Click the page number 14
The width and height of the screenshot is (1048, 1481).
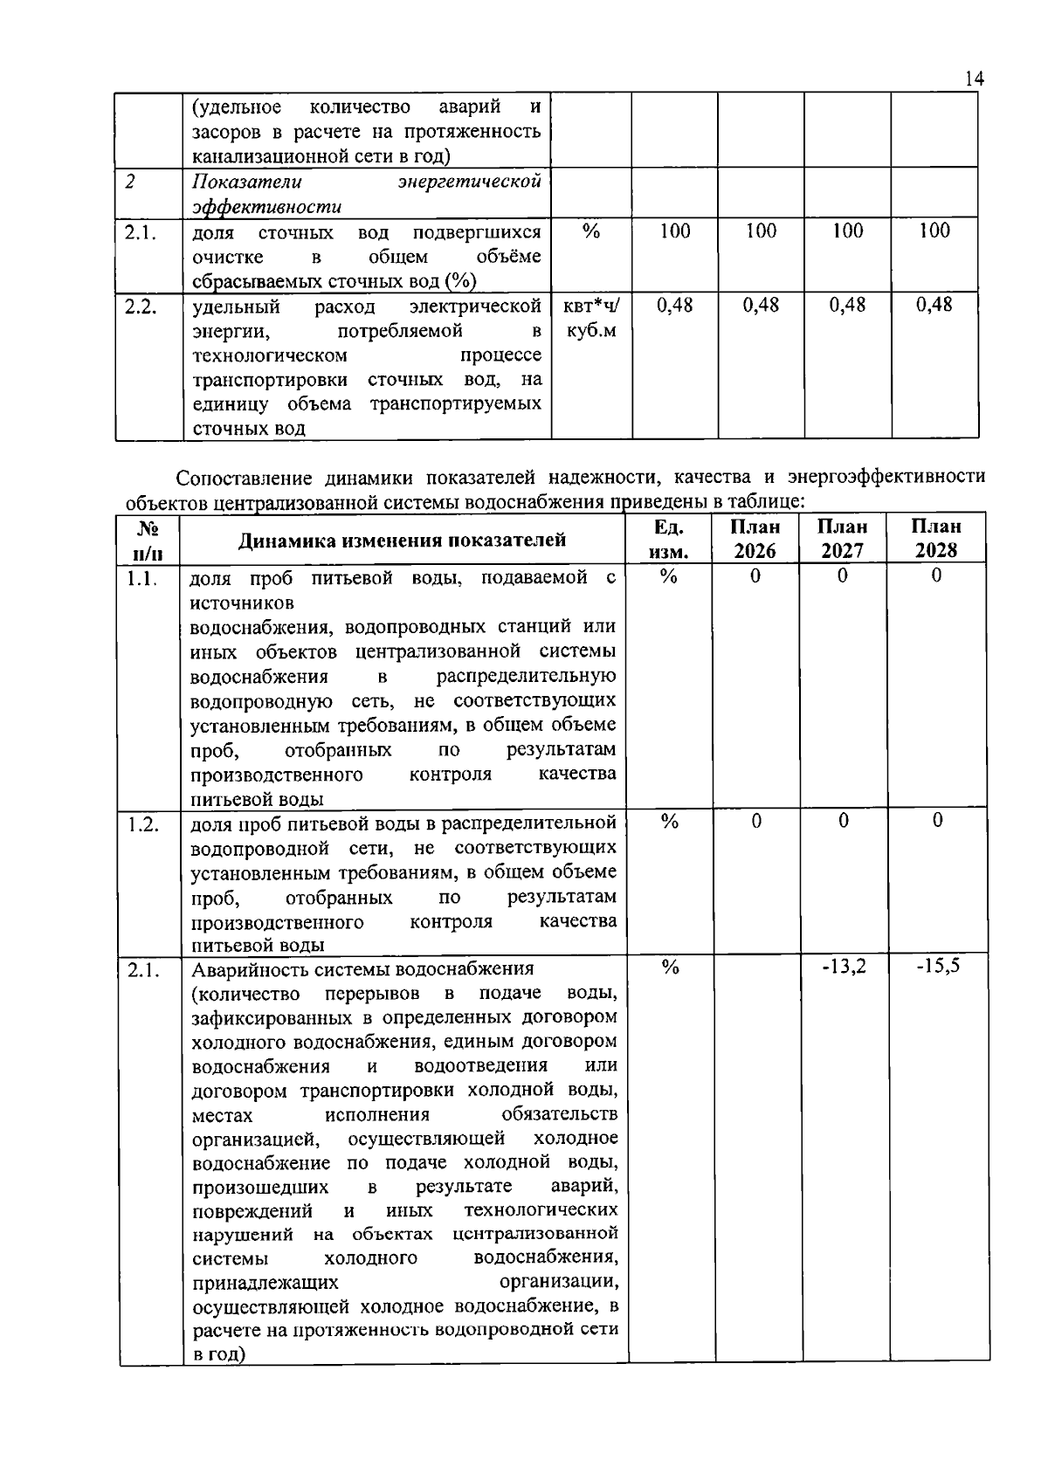coord(975,79)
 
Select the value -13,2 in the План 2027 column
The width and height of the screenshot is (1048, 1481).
coord(844,967)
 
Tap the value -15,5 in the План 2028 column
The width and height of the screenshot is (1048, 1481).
coord(938,967)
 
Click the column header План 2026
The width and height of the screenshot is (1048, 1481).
coord(755,538)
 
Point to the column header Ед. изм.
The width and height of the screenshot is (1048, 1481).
coord(669,538)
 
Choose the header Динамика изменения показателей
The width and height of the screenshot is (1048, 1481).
coord(403,540)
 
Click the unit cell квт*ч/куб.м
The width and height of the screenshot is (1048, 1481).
coord(591,318)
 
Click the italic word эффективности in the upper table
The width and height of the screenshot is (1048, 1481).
coord(266,207)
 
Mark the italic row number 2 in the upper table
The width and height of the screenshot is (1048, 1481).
coord(130,182)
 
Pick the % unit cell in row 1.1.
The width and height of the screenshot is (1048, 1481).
coord(669,576)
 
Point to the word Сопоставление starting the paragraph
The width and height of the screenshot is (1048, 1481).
coord(244,478)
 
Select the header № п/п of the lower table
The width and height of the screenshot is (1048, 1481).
coord(148,540)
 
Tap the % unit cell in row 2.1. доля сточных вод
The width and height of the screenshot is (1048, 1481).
coord(591,231)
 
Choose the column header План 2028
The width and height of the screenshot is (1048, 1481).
coord(936,538)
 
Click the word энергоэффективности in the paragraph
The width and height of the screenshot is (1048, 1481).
coord(886,478)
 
